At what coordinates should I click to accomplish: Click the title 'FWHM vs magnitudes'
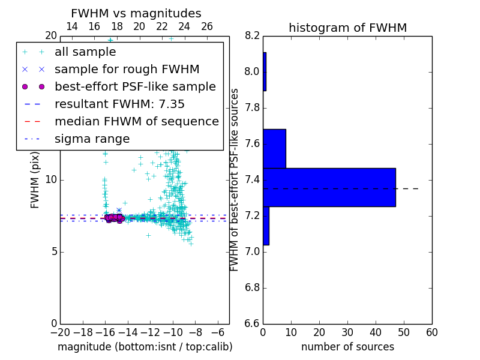136,13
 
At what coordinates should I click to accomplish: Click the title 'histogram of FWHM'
347,28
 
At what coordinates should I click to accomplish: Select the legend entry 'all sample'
85,52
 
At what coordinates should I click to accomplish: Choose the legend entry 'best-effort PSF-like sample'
135,86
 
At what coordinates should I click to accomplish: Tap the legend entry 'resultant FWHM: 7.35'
119,104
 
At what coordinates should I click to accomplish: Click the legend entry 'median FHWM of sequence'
136,121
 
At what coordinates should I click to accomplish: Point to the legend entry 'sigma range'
92,139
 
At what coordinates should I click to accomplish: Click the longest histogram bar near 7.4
329,187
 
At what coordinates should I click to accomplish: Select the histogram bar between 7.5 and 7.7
274,148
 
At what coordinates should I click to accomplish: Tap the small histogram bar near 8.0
265,71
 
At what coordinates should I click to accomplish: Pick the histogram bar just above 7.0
266,226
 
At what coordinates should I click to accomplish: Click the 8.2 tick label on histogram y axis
252,35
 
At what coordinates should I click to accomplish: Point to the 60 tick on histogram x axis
431,332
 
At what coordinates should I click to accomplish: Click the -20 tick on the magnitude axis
60,332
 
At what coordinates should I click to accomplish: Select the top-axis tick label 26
207,26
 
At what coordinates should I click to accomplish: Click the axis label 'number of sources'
347,347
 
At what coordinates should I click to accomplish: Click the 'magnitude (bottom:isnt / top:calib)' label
145,347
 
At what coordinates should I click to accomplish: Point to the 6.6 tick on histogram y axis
252,323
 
